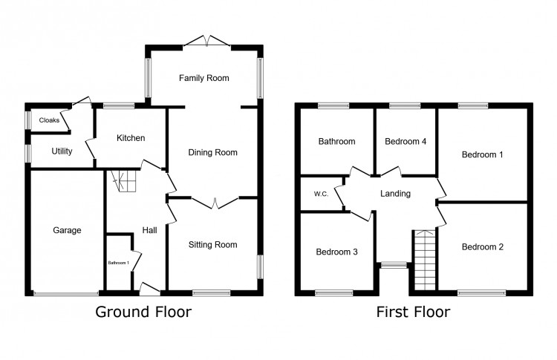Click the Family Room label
tap(203, 78)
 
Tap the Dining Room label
tap(212, 153)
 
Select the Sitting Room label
tap(212, 245)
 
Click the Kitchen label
tap(130, 138)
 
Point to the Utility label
tap(62, 151)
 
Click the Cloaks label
tap(49, 120)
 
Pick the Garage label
tap(67, 231)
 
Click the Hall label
tap(149, 231)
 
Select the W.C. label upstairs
tap(321, 194)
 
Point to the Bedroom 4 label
tap(405, 141)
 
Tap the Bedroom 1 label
tap(482, 155)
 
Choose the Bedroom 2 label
tap(482, 246)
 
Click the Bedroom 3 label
tap(336, 252)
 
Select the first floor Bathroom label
tap(336, 141)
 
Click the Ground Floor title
tap(143, 312)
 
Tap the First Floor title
tap(413, 312)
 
